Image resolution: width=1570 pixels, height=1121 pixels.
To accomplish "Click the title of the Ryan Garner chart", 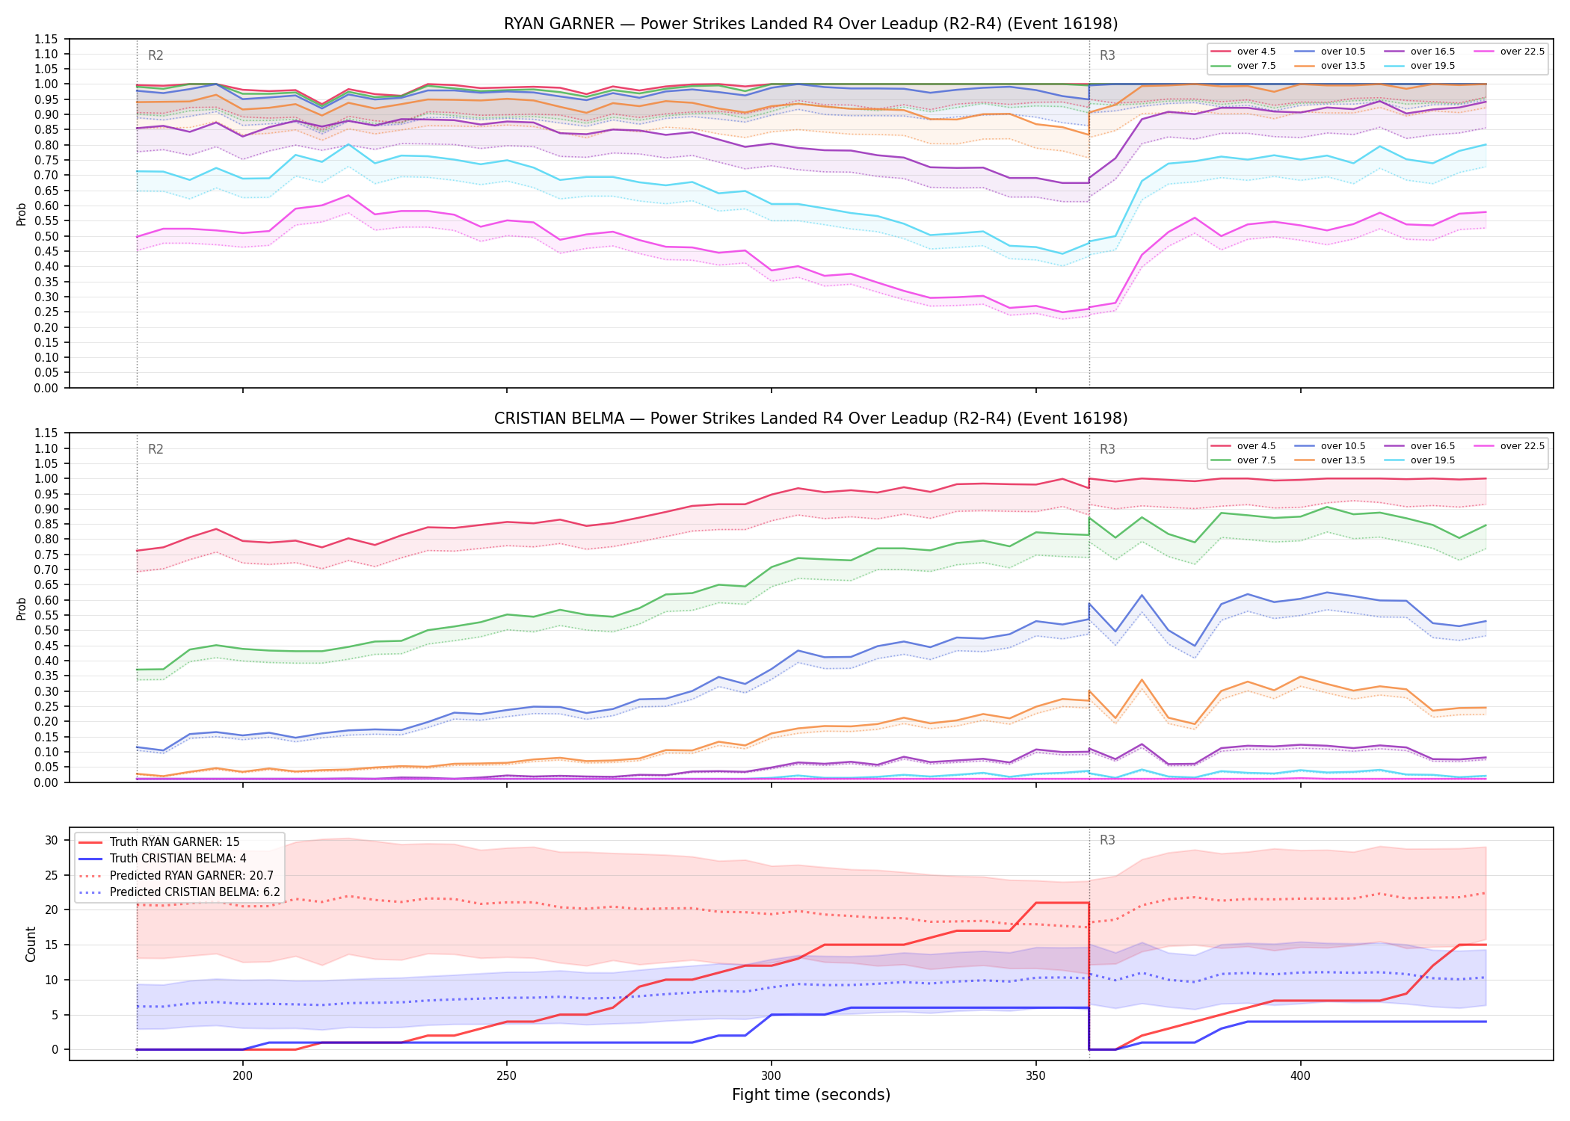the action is point(810,24).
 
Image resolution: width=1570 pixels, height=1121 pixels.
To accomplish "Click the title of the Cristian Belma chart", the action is point(810,419).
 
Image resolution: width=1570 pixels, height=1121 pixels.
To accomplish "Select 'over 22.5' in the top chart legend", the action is point(1522,52).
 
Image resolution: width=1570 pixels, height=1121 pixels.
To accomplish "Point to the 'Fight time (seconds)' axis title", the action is point(811,1095).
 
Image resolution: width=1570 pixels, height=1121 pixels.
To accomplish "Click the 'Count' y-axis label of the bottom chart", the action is point(31,944).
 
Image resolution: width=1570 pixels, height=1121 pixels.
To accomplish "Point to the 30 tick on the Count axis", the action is point(52,840).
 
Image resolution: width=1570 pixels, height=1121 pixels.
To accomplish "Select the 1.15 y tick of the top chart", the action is point(46,39).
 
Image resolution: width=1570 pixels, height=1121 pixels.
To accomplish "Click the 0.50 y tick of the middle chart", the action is point(46,630).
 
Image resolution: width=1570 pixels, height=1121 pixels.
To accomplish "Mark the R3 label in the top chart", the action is point(1107,55).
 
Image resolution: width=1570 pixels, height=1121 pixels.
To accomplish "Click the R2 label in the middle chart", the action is point(156,449).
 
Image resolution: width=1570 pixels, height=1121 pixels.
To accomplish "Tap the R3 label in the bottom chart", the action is point(1107,840).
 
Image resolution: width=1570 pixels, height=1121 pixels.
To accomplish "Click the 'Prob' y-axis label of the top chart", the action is point(22,214).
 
